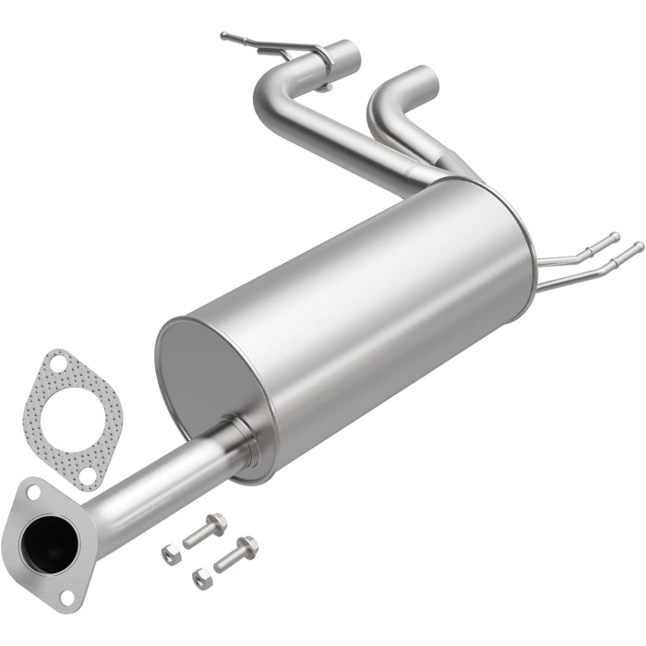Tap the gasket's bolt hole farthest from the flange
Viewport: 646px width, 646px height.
pyautogui.click(x=56, y=365)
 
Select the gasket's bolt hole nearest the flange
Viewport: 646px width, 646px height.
pyautogui.click(x=87, y=474)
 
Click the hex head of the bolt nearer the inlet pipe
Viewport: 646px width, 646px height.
pyautogui.click(x=217, y=523)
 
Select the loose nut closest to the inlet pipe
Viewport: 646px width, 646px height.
pyautogui.click(x=172, y=554)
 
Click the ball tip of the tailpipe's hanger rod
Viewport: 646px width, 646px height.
pyautogui.click(x=224, y=36)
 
